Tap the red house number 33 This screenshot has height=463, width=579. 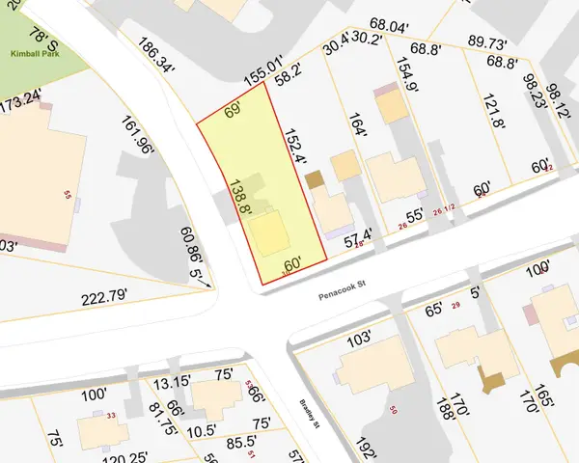tap(111, 416)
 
